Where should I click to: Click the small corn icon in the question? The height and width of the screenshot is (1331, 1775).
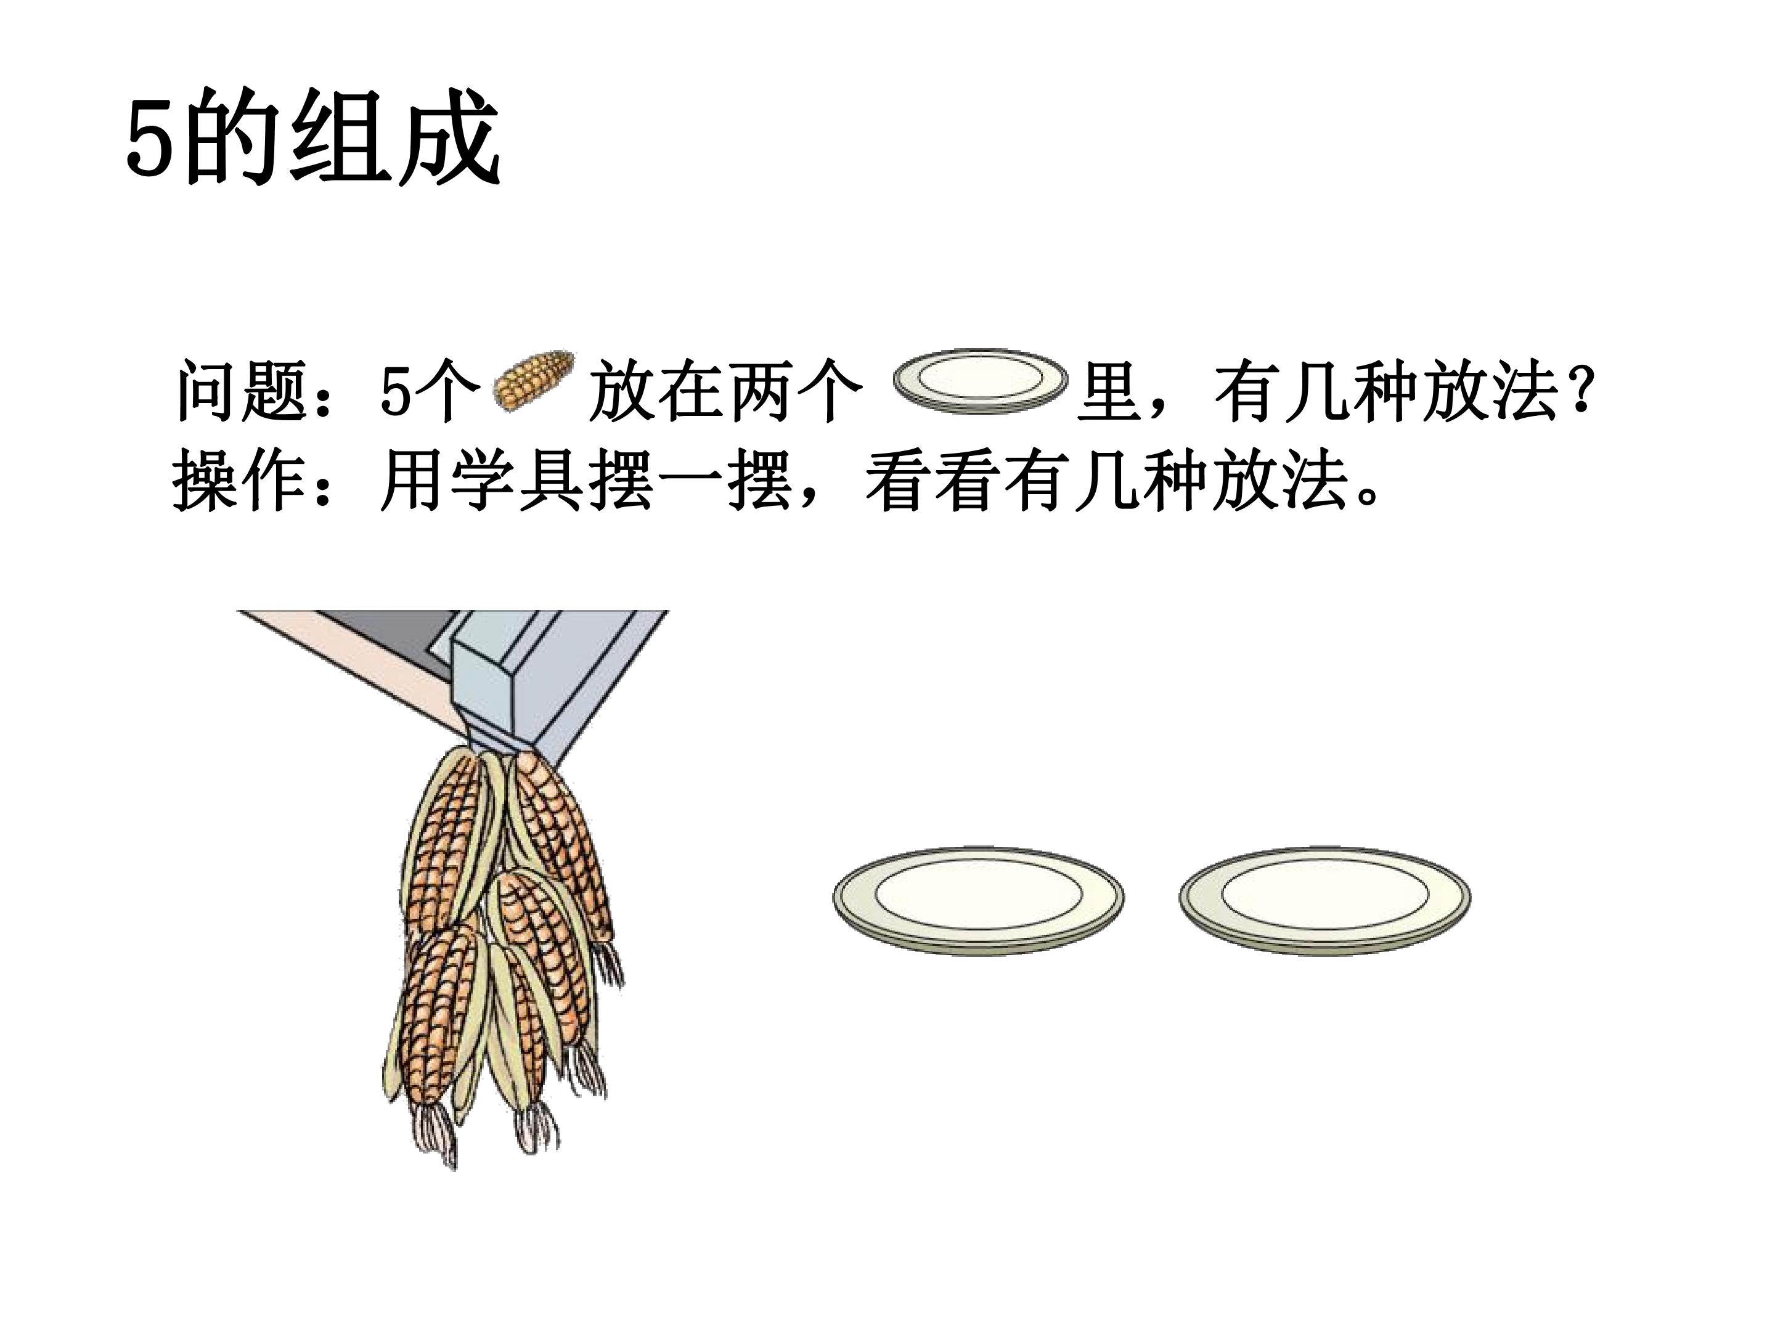tap(534, 382)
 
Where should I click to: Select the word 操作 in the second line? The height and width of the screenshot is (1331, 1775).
tap(239, 481)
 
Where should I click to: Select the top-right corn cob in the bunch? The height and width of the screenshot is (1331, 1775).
tap(561, 842)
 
